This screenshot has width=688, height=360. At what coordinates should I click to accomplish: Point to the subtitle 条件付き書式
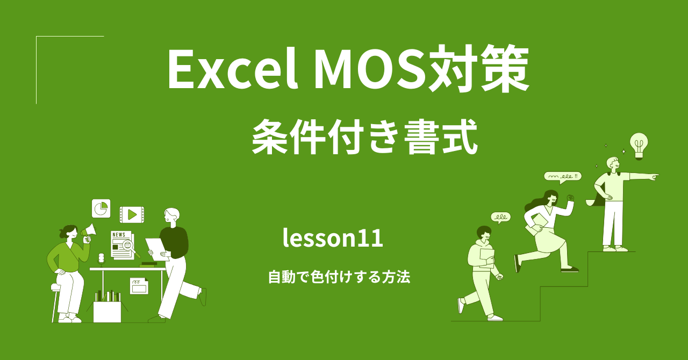click(x=364, y=138)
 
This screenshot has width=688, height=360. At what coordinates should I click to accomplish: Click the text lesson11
click(x=333, y=238)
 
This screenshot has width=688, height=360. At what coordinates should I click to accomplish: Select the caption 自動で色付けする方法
click(x=339, y=277)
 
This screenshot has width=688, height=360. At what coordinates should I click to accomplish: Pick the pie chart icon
click(x=101, y=208)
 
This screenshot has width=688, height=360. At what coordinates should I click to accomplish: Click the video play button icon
click(x=132, y=215)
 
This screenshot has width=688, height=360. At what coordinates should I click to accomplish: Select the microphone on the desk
click(x=101, y=258)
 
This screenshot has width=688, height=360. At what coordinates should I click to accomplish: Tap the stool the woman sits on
click(x=56, y=301)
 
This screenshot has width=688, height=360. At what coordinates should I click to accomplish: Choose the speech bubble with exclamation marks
click(x=562, y=176)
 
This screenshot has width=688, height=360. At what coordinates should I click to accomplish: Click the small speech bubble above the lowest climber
click(x=500, y=217)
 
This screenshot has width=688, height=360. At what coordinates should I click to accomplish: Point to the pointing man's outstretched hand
click(x=653, y=176)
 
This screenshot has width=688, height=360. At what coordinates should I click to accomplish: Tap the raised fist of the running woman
click(x=570, y=198)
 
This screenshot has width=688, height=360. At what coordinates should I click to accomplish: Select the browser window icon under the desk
click(x=139, y=286)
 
